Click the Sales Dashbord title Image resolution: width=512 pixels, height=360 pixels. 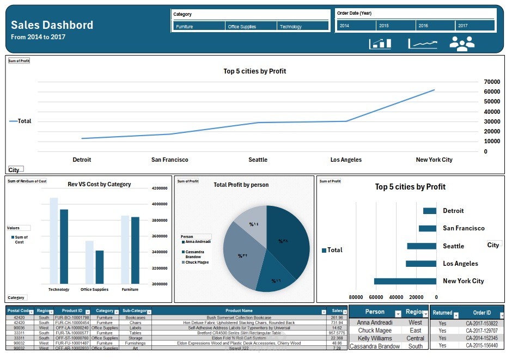click(52, 25)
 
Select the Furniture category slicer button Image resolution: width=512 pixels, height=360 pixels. click(199, 26)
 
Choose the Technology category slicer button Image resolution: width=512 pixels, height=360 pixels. click(302, 26)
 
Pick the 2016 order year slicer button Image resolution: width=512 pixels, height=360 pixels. click(435, 26)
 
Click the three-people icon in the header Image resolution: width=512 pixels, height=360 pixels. click(461, 44)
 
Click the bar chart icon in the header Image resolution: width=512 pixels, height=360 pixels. click(380, 44)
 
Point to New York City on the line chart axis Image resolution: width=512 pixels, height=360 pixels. click(434, 160)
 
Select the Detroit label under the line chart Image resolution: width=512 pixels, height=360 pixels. click(82, 160)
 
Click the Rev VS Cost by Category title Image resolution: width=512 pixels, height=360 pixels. click(99, 184)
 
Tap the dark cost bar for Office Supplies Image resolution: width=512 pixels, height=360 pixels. click(99, 267)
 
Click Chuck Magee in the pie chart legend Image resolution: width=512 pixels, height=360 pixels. click(197, 263)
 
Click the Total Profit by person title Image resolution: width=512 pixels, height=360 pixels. click(241, 185)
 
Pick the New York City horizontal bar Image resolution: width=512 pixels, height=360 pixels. click(405, 281)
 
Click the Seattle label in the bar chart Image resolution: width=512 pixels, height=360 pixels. click(453, 246)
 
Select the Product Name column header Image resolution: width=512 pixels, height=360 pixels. click(239, 311)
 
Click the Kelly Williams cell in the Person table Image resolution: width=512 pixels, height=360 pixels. click(375, 338)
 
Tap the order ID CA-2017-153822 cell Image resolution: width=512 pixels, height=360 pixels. click(481, 323)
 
